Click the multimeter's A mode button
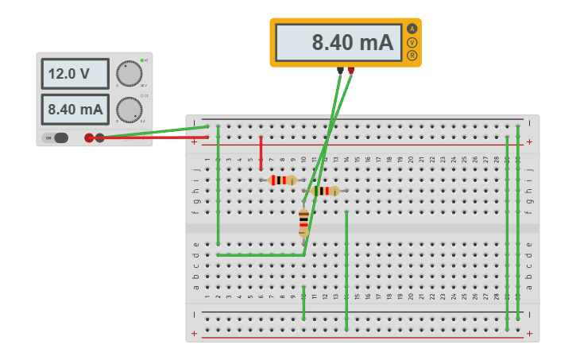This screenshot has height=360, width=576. click(412, 29)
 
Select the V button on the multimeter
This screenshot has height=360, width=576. click(412, 42)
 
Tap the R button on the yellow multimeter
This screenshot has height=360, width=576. click(412, 56)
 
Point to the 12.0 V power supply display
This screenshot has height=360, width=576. click(75, 74)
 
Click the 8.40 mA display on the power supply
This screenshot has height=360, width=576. click(75, 109)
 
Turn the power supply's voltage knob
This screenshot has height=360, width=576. click(129, 73)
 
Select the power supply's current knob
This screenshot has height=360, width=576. click(129, 110)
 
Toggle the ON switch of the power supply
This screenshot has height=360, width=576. click(56, 137)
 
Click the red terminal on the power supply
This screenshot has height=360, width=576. click(89, 137)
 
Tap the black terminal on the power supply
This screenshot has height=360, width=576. click(100, 137)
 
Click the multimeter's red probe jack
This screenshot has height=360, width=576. click(350, 70)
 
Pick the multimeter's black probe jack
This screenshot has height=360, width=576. click(340, 70)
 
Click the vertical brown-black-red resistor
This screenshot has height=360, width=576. click(303, 223)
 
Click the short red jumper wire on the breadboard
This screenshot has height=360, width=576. click(261, 153)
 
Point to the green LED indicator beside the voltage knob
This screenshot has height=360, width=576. click(141, 60)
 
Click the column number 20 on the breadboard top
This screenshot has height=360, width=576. click(411, 160)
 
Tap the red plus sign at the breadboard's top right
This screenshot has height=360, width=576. click(529, 142)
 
